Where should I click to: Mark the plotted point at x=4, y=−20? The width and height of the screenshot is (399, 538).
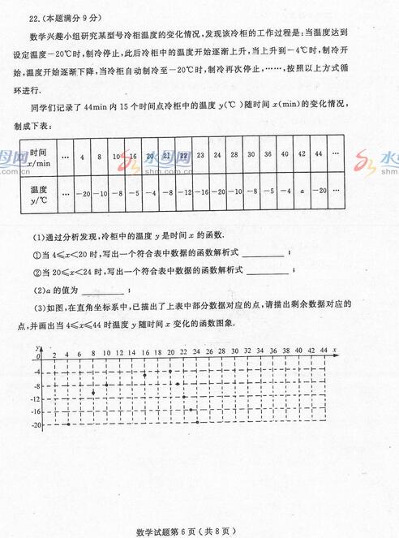point(67,424)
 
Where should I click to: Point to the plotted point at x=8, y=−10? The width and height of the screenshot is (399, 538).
point(93,392)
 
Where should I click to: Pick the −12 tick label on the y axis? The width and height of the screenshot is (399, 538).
point(36,398)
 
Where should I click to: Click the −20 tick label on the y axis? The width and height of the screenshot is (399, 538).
point(36,424)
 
